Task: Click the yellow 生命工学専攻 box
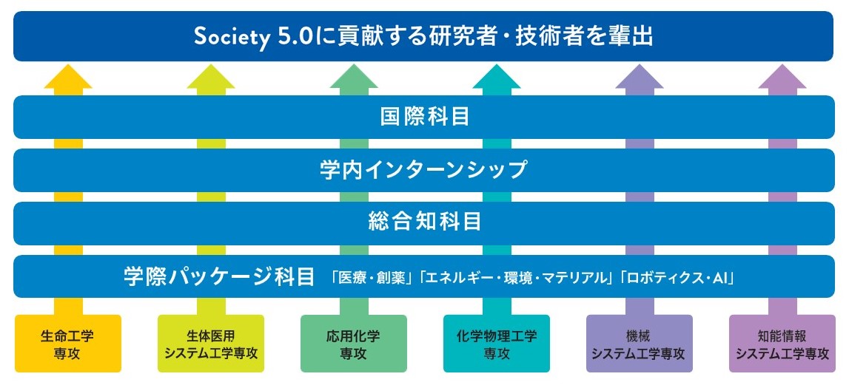pyautogui.click(x=68, y=344)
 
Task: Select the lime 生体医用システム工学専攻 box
pyautogui.click(x=211, y=344)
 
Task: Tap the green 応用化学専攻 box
pyautogui.click(x=354, y=344)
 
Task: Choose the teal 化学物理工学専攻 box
pyautogui.click(x=497, y=344)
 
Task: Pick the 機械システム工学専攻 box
pyautogui.click(x=640, y=344)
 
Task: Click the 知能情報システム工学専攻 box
pyautogui.click(x=782, y=344)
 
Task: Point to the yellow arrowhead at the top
pyautogui.click(x=68, y=78)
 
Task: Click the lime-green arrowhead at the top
pyautogui.click(x=211, y=78)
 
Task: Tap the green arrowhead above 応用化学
pyautogui.click(x=354, y=78)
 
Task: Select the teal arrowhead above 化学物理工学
pyautogui.click(x=497, y=78)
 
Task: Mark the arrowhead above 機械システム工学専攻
pyautogui.click(x=640, y=78)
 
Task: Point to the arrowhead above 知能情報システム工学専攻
pyautogui.click(x=782, y=78)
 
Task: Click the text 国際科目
pyautogui.click(x=425, y=117)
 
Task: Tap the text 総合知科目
pyautogui.click(x=425, y=222)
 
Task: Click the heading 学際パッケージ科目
pyautogui.click(x=219, y=277)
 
